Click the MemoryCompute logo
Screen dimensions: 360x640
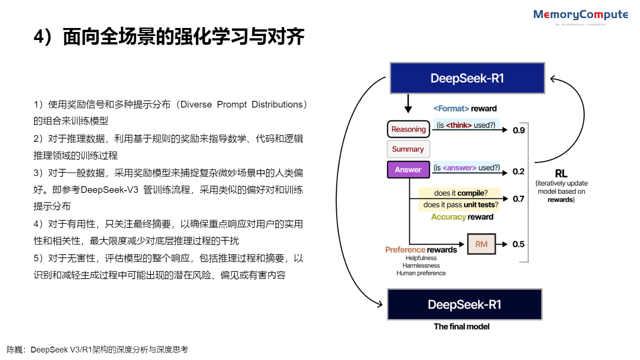(x=580, y=16)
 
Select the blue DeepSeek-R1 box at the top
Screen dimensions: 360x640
(x=467, y=78)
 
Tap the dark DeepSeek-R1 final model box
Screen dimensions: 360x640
(x=464, y=304)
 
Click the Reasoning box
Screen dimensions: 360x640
(x=408, y=129)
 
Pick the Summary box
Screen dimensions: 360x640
(x=408, y=149)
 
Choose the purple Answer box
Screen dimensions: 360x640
(x=408, y=169)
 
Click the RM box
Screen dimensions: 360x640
(x=481, y=244)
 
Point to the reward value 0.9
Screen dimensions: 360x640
(x=518, y=130)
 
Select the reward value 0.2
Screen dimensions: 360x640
(x=518, y=172)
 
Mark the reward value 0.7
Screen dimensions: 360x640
(x=518, y=199)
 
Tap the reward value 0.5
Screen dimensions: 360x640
(x=518, y=244)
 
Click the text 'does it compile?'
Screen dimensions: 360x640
(x=460, y=193)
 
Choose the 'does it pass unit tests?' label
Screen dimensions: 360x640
(x=460, y=205)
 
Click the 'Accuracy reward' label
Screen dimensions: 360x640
(x=462, y=217)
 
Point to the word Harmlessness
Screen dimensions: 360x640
(x=421, y=265)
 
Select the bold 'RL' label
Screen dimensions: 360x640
(x=561, y=174)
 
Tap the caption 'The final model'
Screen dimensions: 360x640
(x=461, y=327)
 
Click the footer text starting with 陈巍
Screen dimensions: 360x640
(x=97, y=350)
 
